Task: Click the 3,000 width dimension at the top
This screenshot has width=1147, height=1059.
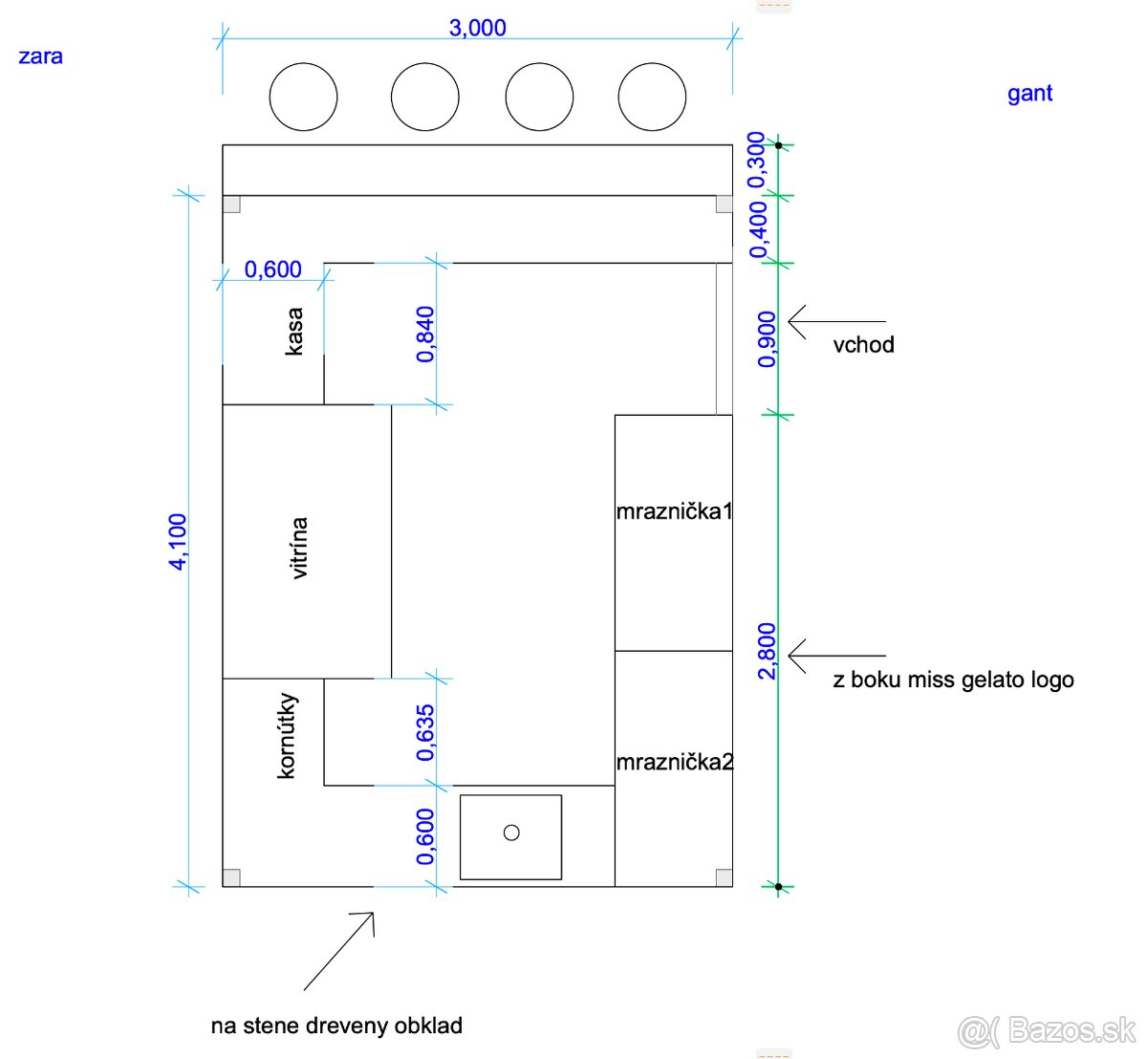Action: (x=478, y=28)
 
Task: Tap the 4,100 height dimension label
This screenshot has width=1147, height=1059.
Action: (x=178, y=541)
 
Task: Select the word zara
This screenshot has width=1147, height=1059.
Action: (x=40, y=56)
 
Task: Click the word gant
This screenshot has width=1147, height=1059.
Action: (x=1029, y=94)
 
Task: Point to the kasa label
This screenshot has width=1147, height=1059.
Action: (x=294, y=331)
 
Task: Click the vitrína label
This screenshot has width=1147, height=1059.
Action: (x=298, y=548)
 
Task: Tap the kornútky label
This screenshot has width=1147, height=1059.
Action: (x=287, y=735)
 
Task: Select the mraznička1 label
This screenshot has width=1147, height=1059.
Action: (x=674, y=511)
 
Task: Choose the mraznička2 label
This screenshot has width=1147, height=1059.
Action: (x=675, y=762)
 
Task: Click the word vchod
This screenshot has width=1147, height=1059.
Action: (x=863, y=345)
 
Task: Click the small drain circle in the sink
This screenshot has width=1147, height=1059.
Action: (x=511, y=832)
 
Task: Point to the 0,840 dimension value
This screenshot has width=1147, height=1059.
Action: (x=425, y=335)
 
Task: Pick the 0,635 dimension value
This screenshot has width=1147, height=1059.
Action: (x=425, y=732)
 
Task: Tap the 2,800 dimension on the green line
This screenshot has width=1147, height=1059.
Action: (x=767, y=651)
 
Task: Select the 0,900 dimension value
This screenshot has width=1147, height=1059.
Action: (x=767, y=339)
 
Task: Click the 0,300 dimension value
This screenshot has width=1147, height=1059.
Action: (x=756, y=160)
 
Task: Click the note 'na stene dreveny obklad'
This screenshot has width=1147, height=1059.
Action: (x=336, y=1026)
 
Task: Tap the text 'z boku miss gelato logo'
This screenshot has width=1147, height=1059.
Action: (x=954, y=680)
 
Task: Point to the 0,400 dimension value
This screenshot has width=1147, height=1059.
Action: (x=758, y=229)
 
